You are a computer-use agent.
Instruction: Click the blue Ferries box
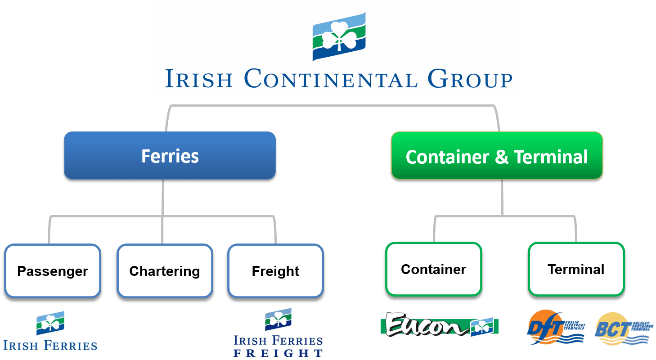170,156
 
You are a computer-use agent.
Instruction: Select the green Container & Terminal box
497,156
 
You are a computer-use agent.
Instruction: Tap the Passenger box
53,271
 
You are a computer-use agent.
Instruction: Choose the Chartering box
164,271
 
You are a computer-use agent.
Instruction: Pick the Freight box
275,271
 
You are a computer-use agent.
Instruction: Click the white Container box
433,269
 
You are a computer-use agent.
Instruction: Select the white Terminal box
576,269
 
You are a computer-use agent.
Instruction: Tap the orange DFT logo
555,328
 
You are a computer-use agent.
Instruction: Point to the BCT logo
623,328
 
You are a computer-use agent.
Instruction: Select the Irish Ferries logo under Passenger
50,330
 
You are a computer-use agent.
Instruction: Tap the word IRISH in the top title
199,79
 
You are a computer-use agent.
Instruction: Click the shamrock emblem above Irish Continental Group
339,36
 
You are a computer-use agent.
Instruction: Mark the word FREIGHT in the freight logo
278,353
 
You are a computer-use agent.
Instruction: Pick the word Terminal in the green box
551,157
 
